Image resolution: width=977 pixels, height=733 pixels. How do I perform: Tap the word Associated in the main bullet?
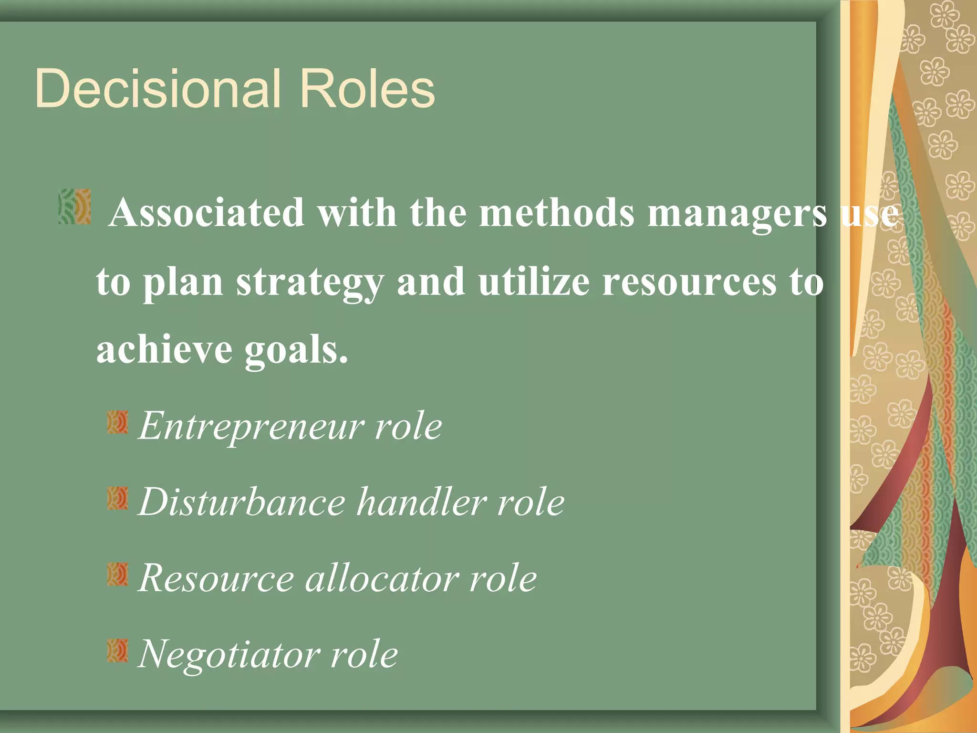pyautogui.click(x=206, y=212)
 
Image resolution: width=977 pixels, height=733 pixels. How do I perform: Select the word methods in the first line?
pyautogui.click(x=557, y=212)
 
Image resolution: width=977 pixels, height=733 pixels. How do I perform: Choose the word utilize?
pyautogui.click(x=534, y=282)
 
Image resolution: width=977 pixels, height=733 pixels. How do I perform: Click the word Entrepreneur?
pyautogui.click(x=250, y=426)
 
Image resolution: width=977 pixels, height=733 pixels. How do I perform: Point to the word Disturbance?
pyautogui.click(x=242, y=502)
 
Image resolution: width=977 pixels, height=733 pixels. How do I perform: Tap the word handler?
pyautogui.click(x=422, y=502)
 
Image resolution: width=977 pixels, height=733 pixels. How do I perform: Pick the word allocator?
pyautogui.click(x=382, y=578)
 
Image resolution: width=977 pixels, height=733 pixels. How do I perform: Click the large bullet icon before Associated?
pyautogui.click(x=74, y=207)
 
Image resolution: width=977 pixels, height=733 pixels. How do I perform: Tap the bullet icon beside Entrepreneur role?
pyautogui.click(x=117, y=422)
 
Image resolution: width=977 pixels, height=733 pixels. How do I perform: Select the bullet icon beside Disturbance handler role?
pyautogui.click(x=117, y=498)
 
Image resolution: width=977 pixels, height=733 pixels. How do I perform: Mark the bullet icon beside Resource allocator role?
pyautogui.click(x=117, y=574)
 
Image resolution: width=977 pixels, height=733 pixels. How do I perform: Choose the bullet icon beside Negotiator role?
pyautogui.click(x=117, y=650)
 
